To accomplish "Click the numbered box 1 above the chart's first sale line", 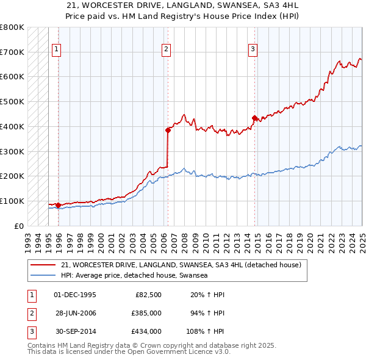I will coord(56,50).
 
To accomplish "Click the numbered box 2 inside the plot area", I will coord(166,50).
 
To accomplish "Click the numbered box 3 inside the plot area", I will coord(253,50).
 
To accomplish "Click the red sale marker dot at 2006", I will coord(168,129).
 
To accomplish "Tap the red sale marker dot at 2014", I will coord(254,118).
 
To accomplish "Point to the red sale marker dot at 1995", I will coord(58,205).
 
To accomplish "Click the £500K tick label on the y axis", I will coord(12,101).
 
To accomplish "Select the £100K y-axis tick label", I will coord(12,201).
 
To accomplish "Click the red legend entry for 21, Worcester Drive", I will coord(181,265).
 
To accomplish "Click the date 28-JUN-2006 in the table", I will coord(75,313).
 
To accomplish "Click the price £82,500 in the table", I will coord(148,295).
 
